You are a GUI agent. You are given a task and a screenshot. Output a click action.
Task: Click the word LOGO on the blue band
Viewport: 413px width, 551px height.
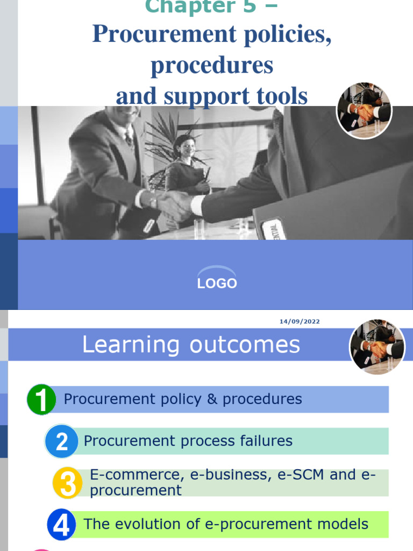[217, 284]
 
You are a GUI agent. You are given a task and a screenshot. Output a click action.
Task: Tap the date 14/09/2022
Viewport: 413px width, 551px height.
[300, 322]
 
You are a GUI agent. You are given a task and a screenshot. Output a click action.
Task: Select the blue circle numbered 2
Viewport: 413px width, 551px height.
[62, 442]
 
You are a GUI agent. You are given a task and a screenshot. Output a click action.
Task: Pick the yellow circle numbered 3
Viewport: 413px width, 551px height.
[68, 483]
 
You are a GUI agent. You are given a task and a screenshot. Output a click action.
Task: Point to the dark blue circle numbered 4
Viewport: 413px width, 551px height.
[62, 525]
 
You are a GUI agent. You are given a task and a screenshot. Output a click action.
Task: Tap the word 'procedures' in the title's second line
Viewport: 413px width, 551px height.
[212, 65]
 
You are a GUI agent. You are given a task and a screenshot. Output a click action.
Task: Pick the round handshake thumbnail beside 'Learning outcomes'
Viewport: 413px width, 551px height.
[377, 348]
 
